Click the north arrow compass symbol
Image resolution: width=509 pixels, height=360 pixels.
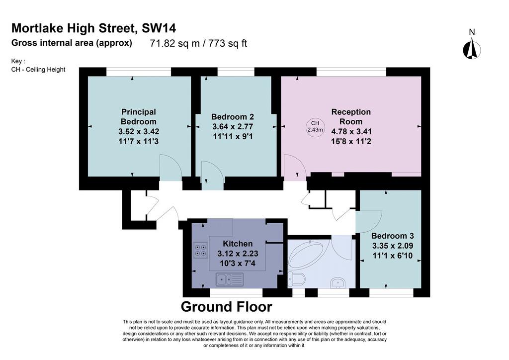(472, 48)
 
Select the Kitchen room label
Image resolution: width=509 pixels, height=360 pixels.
(238, 244)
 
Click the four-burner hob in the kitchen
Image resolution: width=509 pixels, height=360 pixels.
(200, 250)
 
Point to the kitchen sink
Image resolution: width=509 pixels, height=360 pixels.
(230, 279)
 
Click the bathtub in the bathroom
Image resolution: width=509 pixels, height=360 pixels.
(306, 254)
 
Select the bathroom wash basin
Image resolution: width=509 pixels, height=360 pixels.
(338, 283)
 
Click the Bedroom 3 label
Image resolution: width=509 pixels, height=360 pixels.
(393, 236)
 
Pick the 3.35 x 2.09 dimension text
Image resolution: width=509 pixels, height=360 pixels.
(393, 246)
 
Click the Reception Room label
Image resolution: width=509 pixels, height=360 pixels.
(351, 117)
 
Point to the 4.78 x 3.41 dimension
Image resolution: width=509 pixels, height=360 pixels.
(351, 131)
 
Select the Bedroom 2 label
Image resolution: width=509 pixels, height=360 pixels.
(233, 117)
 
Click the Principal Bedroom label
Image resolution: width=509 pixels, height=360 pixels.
(139, 117)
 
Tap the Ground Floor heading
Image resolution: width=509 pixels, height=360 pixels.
(226, 307)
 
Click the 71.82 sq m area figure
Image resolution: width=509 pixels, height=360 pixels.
(174, 43)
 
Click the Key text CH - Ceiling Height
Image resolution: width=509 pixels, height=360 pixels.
(38, 70)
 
